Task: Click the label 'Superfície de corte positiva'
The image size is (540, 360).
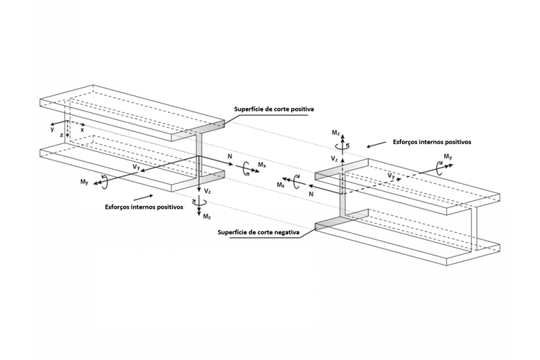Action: (274, 109)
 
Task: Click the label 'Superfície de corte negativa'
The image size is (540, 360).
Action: (259, 232)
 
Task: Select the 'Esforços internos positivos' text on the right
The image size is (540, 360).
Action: (432, 142)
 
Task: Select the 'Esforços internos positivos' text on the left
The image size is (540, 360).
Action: (144, 207)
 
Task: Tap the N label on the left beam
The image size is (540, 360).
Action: (229, 157)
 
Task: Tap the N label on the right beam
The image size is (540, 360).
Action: (311, 194)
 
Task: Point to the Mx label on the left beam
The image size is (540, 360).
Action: (262, 165)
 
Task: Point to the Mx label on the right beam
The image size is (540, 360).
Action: (281, 185)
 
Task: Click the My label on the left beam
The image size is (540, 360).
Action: (85, 182)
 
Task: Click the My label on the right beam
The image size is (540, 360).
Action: (448, 157)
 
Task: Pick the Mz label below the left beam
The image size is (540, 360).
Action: (207, 217)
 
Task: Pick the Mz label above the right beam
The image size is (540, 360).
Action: (336, 133)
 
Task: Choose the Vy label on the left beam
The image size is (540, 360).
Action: (136, 167)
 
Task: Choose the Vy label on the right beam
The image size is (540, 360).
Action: (391, 175)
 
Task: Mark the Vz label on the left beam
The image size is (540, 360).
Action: (207, 191)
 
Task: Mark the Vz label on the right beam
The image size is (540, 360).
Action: (334, 158)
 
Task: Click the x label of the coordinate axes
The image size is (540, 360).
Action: (82, 130)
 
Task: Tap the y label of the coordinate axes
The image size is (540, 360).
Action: (53, 130)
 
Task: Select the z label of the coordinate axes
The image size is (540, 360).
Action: (61, 135)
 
